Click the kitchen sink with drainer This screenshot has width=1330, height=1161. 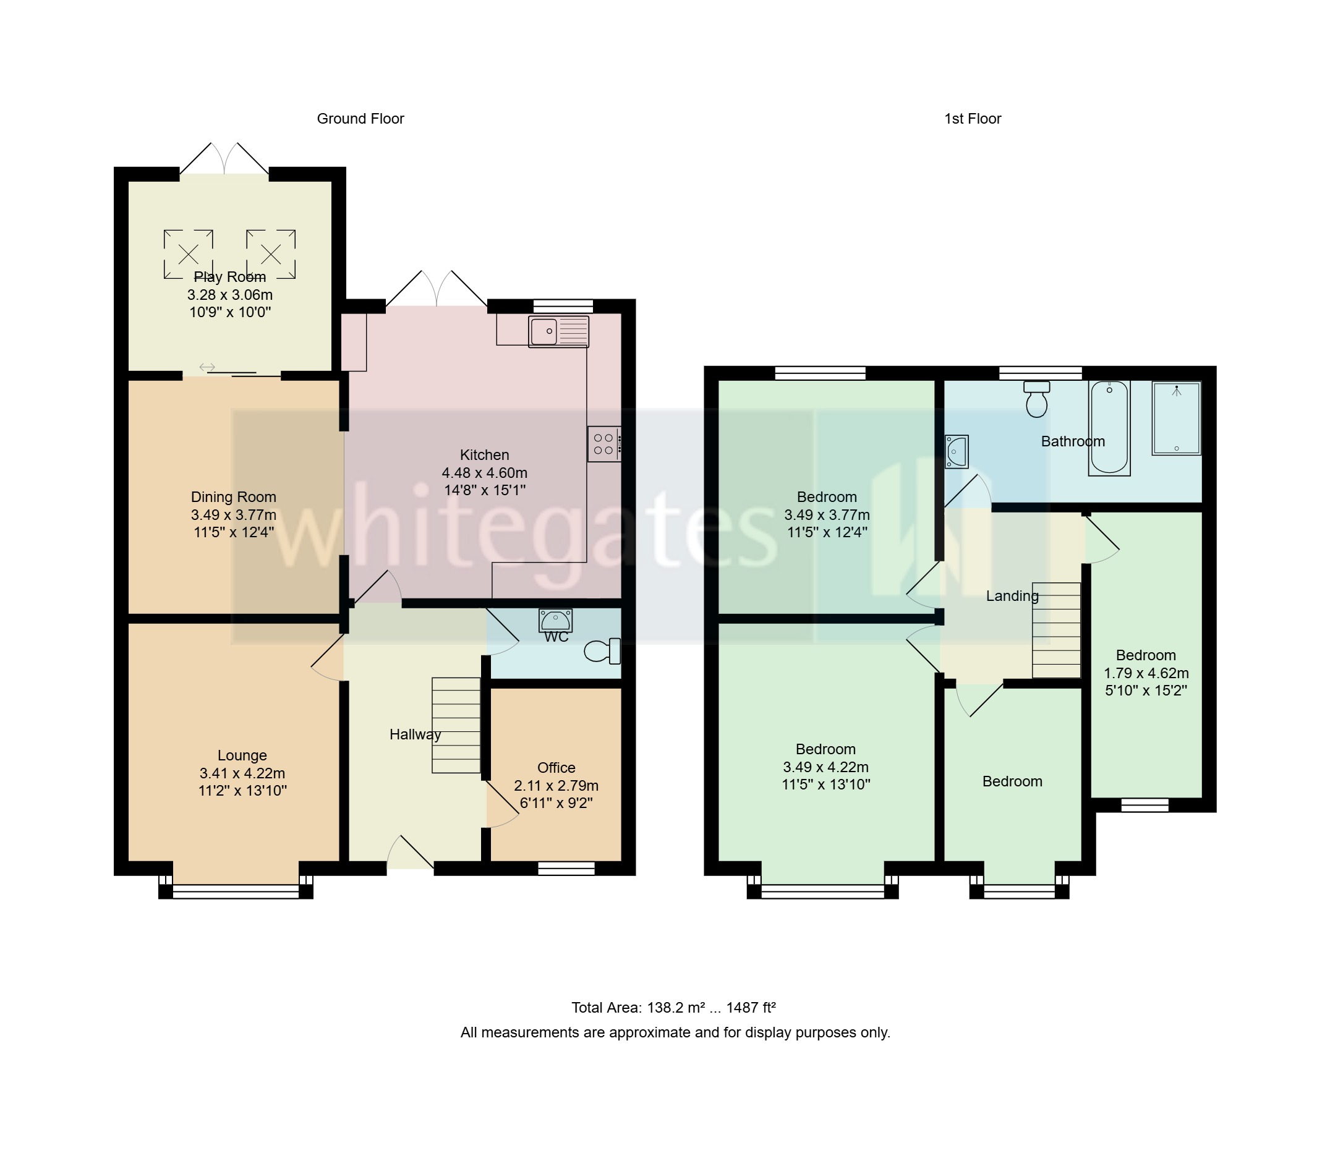tap(558, 332)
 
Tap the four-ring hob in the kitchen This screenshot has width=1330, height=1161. tap(603, 444)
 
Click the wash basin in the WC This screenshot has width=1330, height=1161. tap(555, 621)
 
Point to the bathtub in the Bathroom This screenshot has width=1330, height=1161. tap(1109, 428)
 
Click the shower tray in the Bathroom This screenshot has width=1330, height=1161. tap(1176, 418)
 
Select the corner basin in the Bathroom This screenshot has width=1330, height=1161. tap(956, 451)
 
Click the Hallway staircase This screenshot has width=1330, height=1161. tap(456, 725)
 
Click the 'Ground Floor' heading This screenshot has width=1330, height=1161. tap(360, 119)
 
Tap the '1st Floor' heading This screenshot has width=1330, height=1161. tap(973, 119)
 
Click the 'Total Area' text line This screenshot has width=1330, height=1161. tap(673, 1008)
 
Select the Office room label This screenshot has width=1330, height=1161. tap(556, 768)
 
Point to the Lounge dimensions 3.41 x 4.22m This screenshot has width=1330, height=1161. tap(242, 773)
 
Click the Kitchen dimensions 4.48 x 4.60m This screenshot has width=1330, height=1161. tap(484, 472)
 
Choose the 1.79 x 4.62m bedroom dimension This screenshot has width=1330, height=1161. tap(1145, 673)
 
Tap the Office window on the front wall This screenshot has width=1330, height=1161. tap(566, 869)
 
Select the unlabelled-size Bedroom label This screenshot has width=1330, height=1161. tap(1012, 781)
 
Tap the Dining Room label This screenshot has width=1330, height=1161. tap(233, 497)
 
